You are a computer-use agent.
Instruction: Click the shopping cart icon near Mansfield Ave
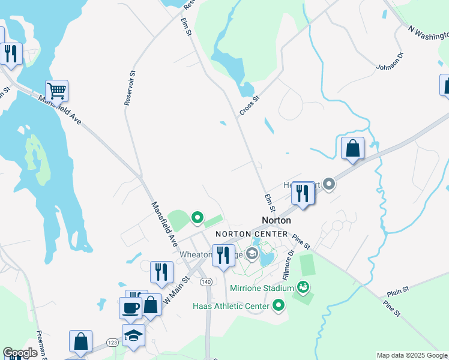(x=56, y=91)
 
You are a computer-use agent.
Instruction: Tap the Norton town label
(x=276, y=220)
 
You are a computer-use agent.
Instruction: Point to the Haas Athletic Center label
(x=231, y=307)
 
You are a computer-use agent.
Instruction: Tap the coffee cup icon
(x=130, y=308)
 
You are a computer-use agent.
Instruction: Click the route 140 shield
(x=206, y=281)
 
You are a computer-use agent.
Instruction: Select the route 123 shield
(x=112, y=341)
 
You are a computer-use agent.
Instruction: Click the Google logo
(x=20, y=353)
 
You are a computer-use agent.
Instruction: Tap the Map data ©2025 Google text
(x=412, y=355)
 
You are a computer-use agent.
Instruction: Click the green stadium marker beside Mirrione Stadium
(x=304, y=288)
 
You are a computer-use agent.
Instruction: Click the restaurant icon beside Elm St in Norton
(x=303, y=193)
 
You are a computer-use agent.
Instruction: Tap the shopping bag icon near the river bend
(x=352, y=148)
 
